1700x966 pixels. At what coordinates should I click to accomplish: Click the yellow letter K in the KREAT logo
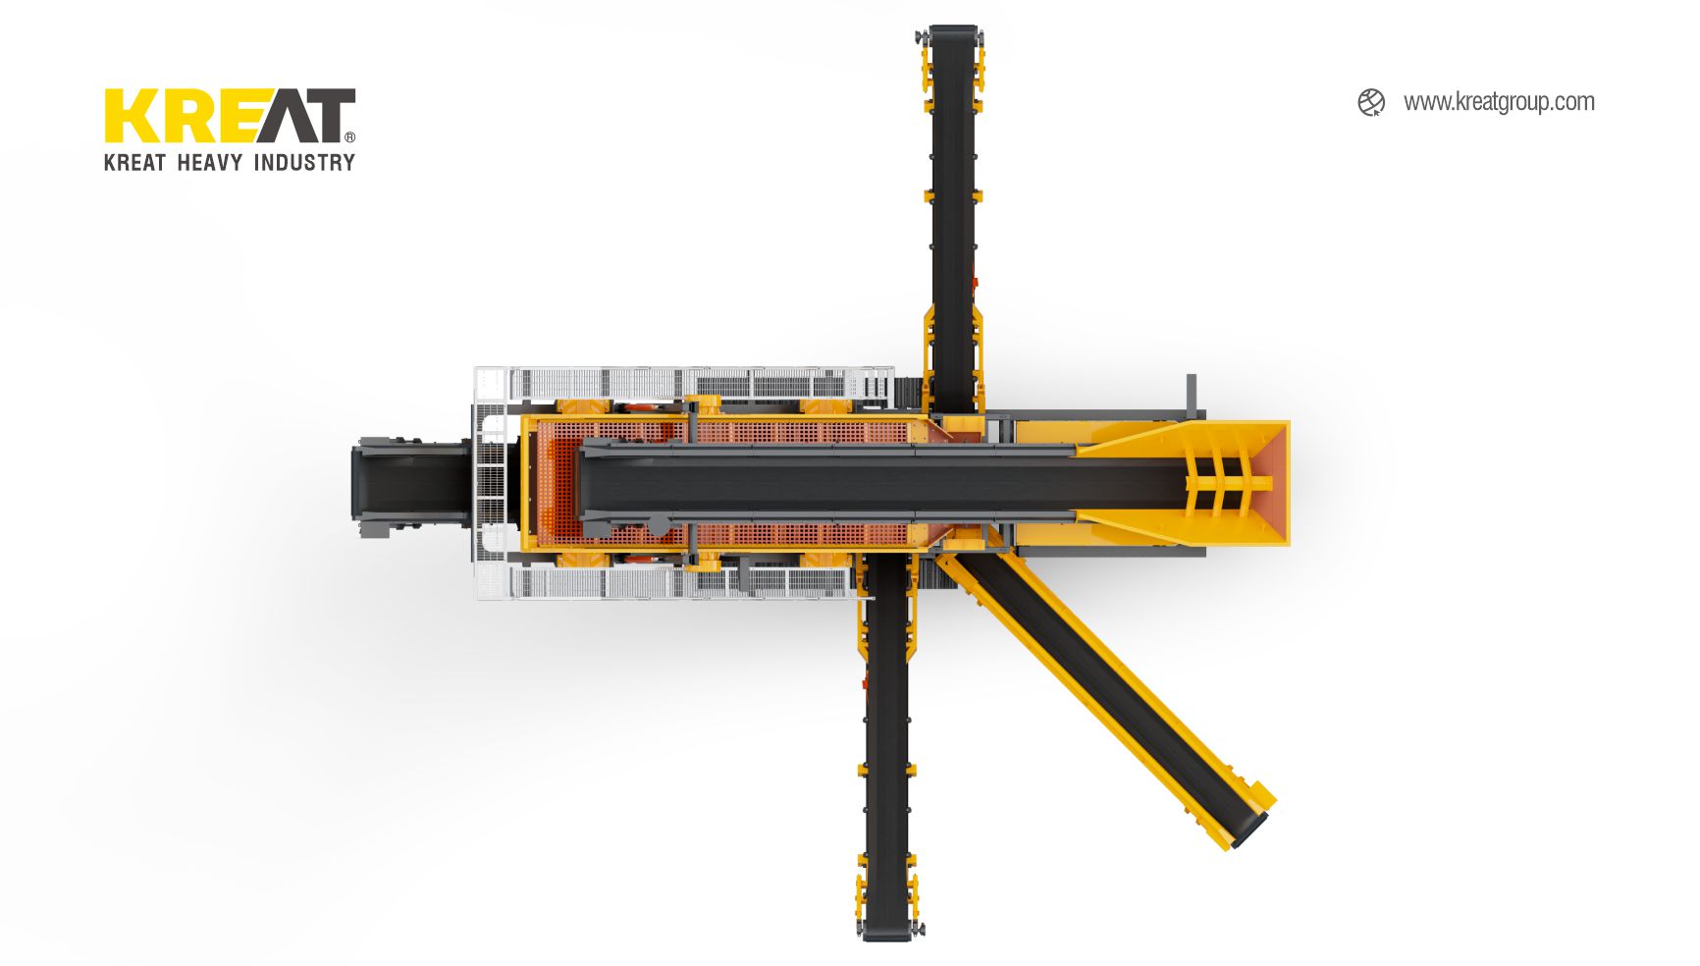130,116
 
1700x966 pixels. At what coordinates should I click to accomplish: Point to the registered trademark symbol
350,137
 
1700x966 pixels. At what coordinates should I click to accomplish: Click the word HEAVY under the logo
209,162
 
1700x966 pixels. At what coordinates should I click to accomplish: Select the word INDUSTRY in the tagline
304,162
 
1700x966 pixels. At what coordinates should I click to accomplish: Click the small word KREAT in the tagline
134,162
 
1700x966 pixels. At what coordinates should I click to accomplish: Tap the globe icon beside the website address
1371,102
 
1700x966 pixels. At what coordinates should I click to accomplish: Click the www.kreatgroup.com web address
1499,102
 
